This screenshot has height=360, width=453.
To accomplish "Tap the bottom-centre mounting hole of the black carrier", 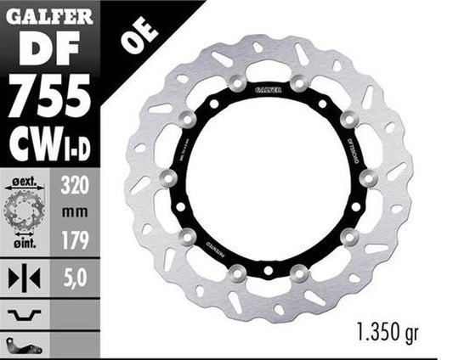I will pos(268,272).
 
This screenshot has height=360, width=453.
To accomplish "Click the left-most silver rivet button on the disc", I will pos(168,178).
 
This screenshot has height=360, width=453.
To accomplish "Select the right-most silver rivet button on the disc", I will pos(367,178).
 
